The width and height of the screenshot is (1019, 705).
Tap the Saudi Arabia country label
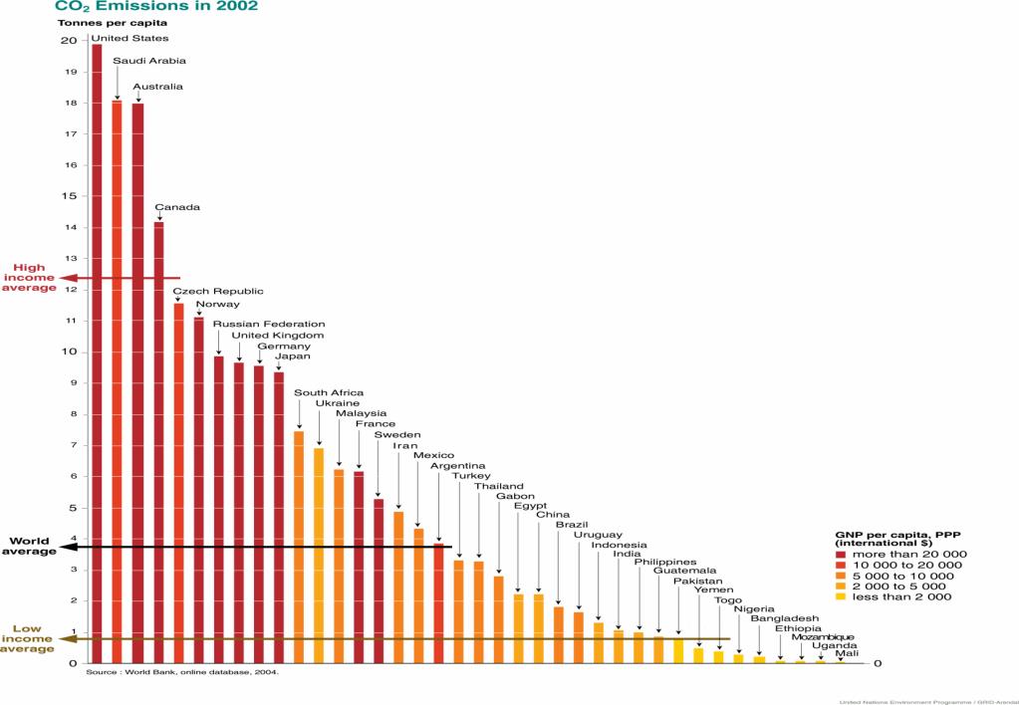pyautogui.click(x=149, y=61)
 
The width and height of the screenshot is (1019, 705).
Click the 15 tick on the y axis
pyautogui.click(x=68, y=196)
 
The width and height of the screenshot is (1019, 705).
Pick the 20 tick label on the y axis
pyautogui.click(x=68, y=41)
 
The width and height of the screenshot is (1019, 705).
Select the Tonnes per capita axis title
pyautogui.click(x=112, y=22)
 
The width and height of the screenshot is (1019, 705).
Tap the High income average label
pyautogui.click(x=30, y=278)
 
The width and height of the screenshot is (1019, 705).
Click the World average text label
pyautogui.click(x=29, y=547)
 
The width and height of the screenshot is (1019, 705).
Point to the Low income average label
pyautogui.click(x=28, y=638)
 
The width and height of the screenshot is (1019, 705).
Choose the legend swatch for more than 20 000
pyautogui.click(x=842, y=554)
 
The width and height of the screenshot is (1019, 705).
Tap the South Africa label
pyautogui.click(x=329, y=393)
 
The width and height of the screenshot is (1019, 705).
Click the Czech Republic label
pyautogui.click(x=218, y=291)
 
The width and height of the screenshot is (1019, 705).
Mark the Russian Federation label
pyautogui.click(x=268, y=324)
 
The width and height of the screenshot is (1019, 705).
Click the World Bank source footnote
pyautogui.click(x=182, y=672)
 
